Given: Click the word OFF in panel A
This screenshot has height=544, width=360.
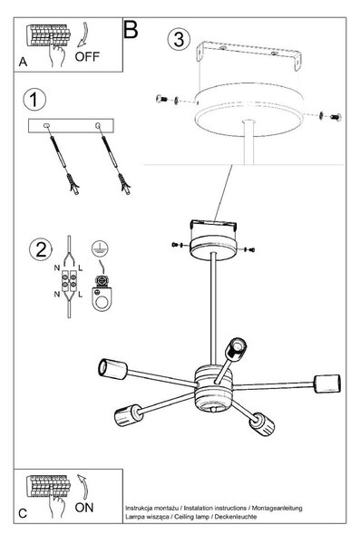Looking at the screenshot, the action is (x=87, y=56).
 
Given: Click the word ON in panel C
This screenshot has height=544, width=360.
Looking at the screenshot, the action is (x=84, y=508).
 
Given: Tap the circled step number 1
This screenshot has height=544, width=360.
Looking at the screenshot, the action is (x=34, y=100).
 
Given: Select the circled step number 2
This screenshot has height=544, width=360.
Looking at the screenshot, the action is (x=41, y=249).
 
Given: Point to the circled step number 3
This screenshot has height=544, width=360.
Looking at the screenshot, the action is (x=179, y=39).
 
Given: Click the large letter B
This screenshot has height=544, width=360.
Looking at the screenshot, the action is (x=131, y=29).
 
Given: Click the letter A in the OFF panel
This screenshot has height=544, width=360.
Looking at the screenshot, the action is (x=23, y=62).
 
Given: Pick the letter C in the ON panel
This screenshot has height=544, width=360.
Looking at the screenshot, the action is (x=23, y=513).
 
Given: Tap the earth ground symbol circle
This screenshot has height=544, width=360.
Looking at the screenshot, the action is (x=100, y=248).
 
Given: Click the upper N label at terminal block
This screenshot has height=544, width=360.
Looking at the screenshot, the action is (x=57, y=267).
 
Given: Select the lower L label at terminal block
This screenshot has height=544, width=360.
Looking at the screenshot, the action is (x=81, y=295).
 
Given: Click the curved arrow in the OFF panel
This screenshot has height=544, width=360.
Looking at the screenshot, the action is (x=83, y=35).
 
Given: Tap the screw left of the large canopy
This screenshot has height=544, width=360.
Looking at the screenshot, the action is (x=161, y=99).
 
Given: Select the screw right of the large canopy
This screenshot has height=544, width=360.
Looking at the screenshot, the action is (x=336, y=117).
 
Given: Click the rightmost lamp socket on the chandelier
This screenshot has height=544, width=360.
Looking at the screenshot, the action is (x=327, y=384).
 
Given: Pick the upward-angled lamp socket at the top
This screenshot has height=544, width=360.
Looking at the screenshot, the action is (x=236, y=349).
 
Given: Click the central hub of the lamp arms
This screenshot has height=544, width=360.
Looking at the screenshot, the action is (x=213, y=388).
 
